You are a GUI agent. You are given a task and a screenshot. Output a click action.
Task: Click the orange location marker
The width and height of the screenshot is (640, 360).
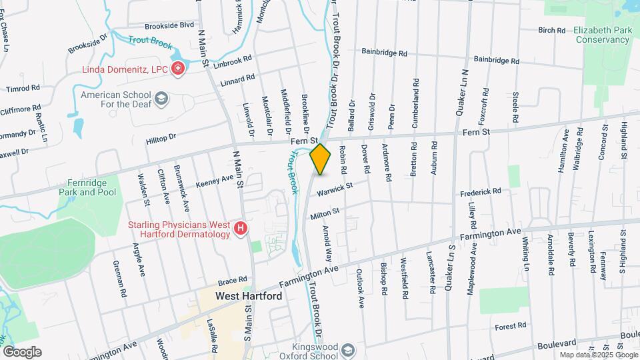click(321, 159)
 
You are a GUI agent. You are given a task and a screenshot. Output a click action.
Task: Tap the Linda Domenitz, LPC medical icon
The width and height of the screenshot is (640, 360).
click(178, 69)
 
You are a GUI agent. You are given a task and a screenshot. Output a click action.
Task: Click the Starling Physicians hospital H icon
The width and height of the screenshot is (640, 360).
click(241, 230)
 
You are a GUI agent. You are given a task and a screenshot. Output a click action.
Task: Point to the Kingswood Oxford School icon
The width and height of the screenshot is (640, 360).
click(347, 350)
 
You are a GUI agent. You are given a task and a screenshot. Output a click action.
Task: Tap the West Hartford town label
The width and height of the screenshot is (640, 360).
click(248, 296)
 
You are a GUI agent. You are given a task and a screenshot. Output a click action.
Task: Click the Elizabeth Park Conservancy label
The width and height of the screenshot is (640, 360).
click(601, 35)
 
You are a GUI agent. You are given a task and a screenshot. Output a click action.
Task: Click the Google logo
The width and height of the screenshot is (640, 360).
click(22, 352)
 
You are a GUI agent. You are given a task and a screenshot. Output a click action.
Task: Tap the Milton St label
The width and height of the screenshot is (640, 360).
click(325, 211)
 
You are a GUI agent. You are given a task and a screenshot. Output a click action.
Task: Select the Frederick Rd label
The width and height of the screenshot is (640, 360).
click(480, 191)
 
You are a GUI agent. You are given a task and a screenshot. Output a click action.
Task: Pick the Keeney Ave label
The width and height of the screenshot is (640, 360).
click(215, 181)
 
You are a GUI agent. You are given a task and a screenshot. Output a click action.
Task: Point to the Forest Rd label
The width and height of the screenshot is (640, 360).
click(511, 326)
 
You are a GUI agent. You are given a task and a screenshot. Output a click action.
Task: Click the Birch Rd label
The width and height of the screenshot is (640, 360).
click(551, 30)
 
